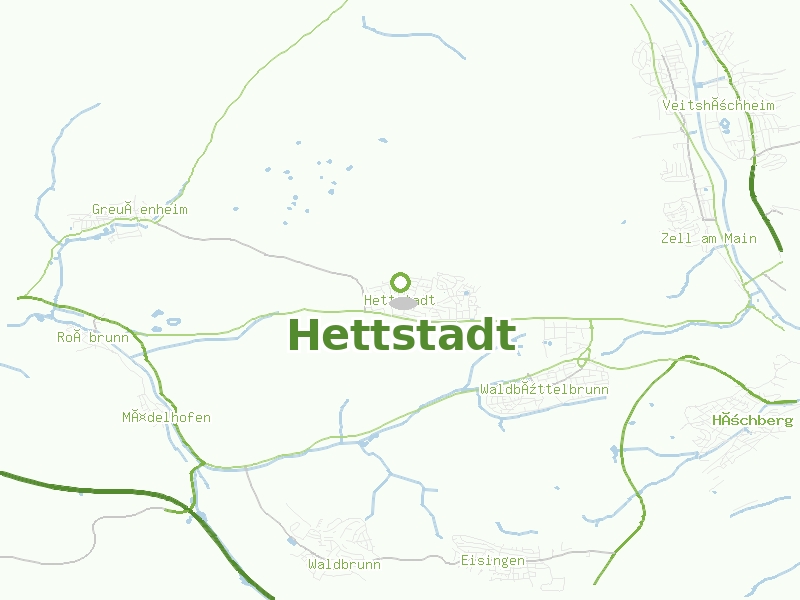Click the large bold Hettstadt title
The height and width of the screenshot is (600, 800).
click(x=401, y=335)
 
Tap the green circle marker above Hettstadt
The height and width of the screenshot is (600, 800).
click(x=401, y=282)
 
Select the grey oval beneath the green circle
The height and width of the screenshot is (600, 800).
click(x=403, y=302)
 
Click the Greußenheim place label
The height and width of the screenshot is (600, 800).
click(x=140, y=210)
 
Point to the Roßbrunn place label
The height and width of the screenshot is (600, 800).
click(x=93, y=338)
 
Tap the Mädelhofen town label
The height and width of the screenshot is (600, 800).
click(x=167, y=417)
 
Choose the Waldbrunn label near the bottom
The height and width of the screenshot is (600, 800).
click(x=345, y=565)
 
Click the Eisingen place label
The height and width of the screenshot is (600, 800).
click(x=493, y=561)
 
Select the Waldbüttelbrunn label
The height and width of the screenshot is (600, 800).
click(x=545, y=389)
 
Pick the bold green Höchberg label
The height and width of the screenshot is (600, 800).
click(x=753, y=421)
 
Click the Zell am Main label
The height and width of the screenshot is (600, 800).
click(x=709, y=239)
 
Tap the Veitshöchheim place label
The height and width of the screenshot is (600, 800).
click(x=719, y=105)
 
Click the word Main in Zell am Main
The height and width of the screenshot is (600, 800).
click(x=741, y=239)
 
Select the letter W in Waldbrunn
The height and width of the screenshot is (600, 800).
click(x=313, y=565)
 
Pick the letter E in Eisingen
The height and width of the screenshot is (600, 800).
click(x=465, y=561)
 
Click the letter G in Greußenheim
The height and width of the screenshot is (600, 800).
click(x=97, y=210)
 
